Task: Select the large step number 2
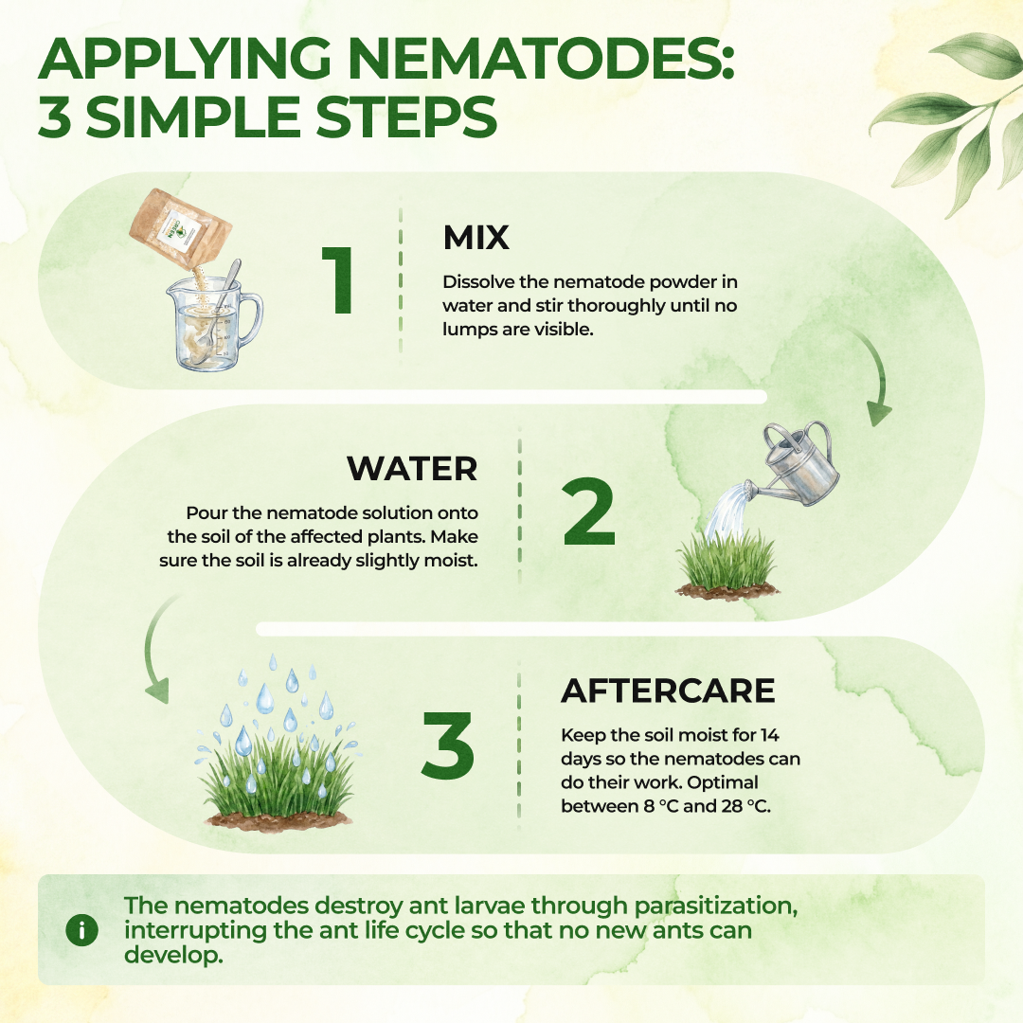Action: [588, 511]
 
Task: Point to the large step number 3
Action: [447, 745]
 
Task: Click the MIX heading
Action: [476, 238]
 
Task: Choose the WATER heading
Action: [412, 469]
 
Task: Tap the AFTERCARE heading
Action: [668, 691]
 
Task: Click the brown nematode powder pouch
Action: [179, 228]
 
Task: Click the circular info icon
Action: [82, 930]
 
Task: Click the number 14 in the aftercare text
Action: [769, 735]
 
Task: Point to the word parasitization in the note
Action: [716, 906]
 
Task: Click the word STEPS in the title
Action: [406, 117]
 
